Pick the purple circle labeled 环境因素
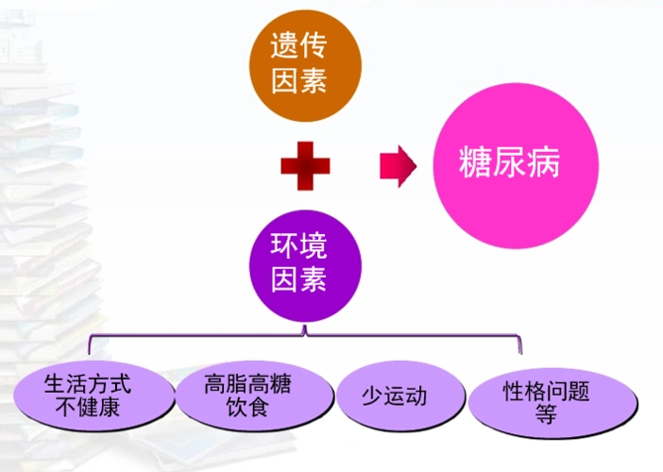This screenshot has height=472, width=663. tap(300, 264)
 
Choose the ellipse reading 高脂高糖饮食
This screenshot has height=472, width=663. tap(247, 396)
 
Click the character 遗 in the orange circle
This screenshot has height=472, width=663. tap(285, 48)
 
